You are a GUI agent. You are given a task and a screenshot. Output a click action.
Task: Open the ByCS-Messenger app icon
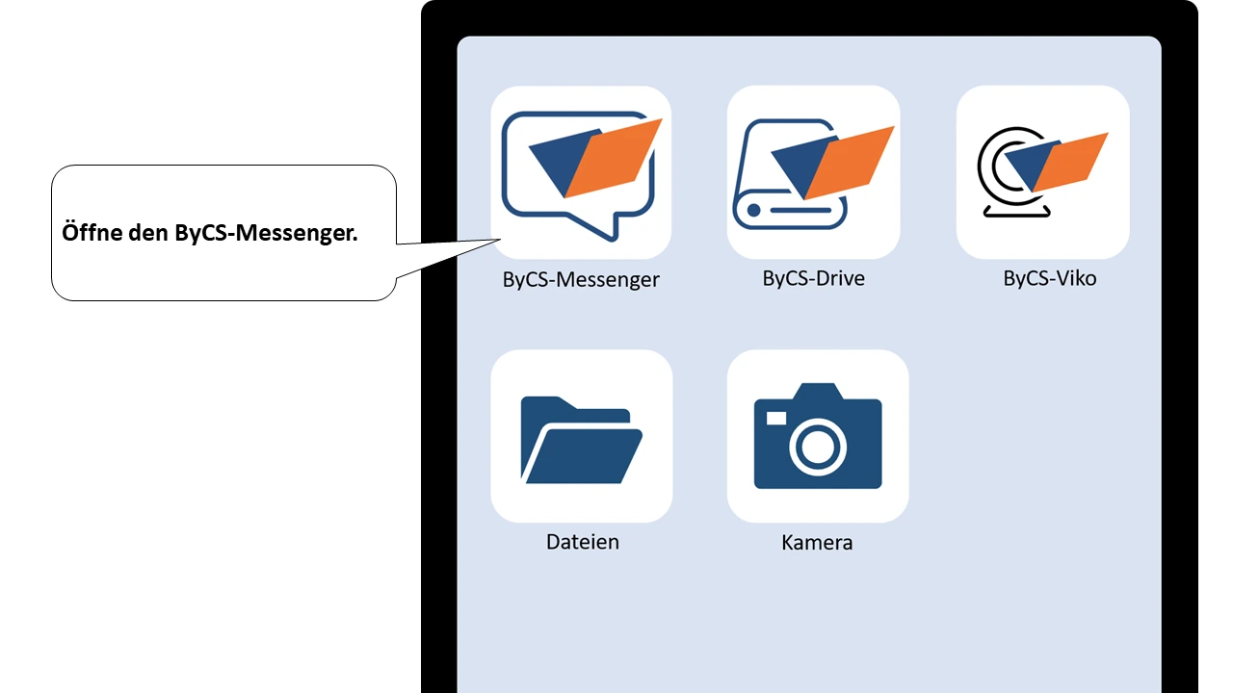coord(581,172)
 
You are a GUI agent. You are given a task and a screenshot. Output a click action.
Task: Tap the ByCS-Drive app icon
coord(814,172)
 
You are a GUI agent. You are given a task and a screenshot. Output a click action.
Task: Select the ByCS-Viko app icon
coord(1042,172)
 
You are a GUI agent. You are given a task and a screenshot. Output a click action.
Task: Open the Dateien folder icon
coord(581,436)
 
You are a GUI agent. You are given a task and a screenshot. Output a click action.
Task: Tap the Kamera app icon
coord(818,436)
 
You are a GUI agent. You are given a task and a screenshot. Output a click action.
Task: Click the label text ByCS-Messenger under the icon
coord(581,280)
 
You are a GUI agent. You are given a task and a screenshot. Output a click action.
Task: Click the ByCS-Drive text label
coord(814,279)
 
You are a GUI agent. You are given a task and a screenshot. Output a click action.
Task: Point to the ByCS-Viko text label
coord(1049,279)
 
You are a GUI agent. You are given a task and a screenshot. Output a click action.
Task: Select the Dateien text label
coord(583,542)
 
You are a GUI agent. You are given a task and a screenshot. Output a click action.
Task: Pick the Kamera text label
coord(817,543)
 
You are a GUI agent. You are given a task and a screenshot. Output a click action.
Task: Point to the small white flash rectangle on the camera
coord(776,418)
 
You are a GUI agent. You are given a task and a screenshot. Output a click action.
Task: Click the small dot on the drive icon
coord(754,209)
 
